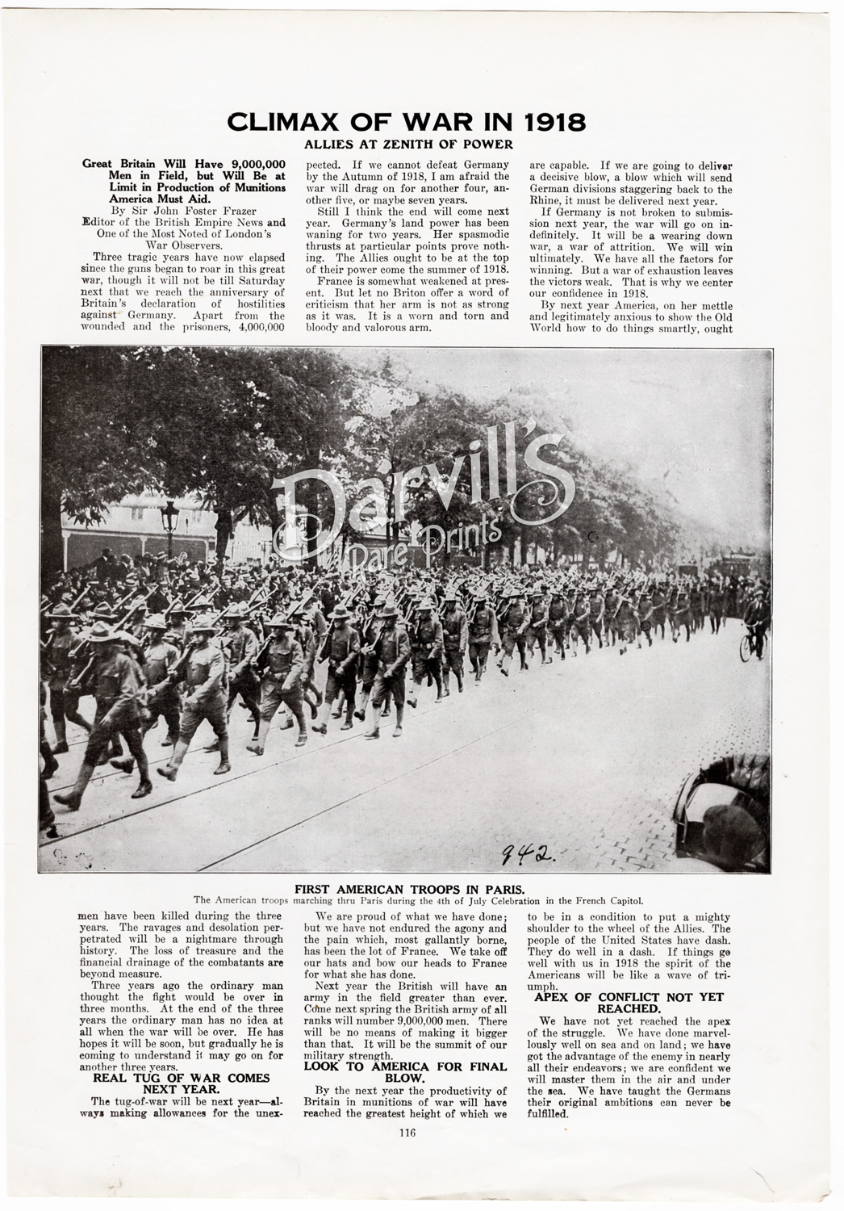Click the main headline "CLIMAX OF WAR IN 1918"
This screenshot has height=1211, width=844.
tap(406, 122)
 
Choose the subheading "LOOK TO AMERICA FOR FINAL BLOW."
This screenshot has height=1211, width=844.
tap(406, 1071)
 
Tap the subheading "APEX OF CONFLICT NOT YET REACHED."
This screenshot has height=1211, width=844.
tap(629, 1003)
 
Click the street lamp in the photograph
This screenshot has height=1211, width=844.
tap(170, 525)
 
